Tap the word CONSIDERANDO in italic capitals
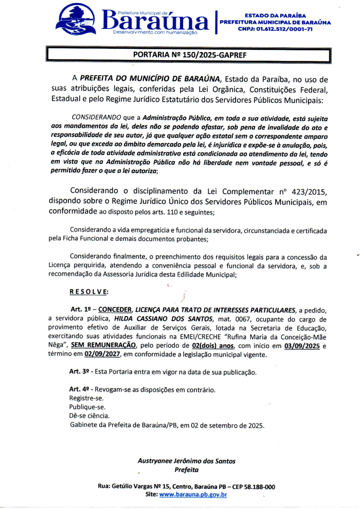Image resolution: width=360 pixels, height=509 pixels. click(96, 118)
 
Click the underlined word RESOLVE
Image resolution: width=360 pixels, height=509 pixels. click(89, 292)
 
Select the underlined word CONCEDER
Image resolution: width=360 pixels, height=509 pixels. click(115, 310)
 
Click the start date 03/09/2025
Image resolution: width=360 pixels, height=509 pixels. click(302, 346)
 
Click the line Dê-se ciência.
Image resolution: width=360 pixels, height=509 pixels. click(89, 416)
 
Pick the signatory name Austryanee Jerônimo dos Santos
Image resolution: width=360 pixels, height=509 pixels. click(186, 461)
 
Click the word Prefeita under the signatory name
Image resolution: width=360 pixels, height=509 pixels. click(186, 470)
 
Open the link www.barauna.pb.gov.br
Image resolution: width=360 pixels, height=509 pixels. click(193, 495)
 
